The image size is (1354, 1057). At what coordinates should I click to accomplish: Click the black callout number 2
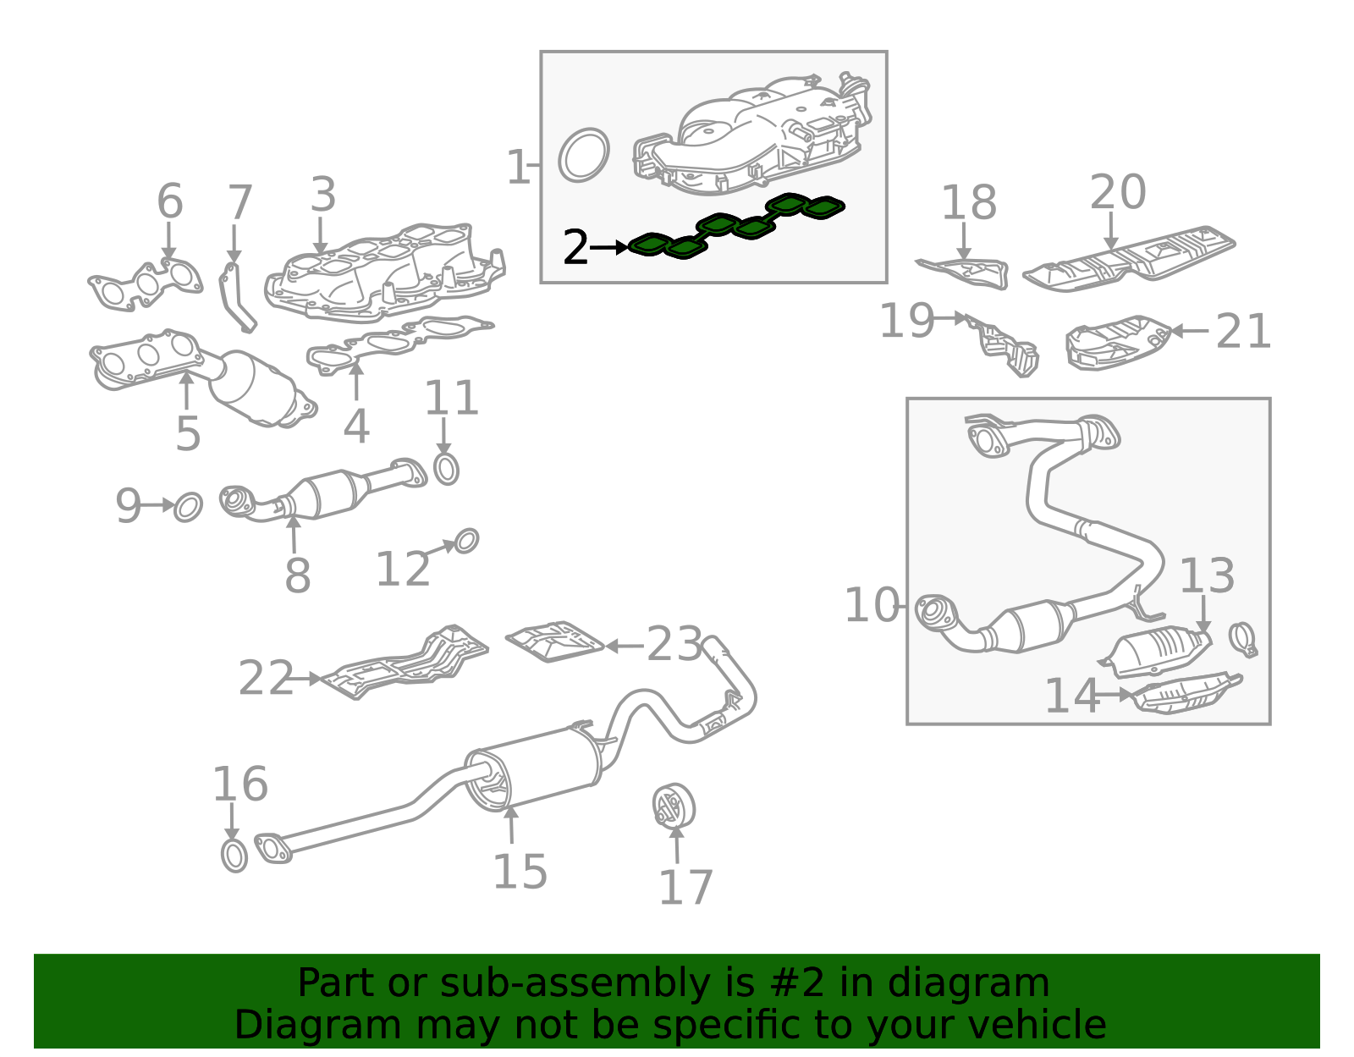tap(575, 247)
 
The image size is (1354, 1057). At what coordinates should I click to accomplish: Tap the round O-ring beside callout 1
tap(583, 155)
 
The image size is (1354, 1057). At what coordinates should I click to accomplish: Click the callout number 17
tap(685, 888)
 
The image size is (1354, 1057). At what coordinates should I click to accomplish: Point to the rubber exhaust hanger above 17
tap(674, 806)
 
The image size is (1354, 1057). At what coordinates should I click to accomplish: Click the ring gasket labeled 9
tap(188, 507)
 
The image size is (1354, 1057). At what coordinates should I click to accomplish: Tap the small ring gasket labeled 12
tap(466, 541)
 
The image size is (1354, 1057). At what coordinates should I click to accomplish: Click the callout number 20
tap(1118, 192)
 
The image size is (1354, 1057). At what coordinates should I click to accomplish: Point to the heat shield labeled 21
tap(1119, 343)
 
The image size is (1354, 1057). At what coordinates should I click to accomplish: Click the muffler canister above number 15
tap(533, 767)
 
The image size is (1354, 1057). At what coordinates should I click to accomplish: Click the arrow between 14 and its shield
tap(1115, 693)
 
